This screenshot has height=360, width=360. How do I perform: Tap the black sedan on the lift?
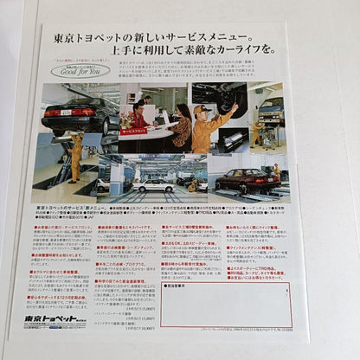coord(82,112)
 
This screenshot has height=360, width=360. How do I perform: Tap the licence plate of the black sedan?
coord(66,112)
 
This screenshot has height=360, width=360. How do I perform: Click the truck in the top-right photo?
coord(271,108)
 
